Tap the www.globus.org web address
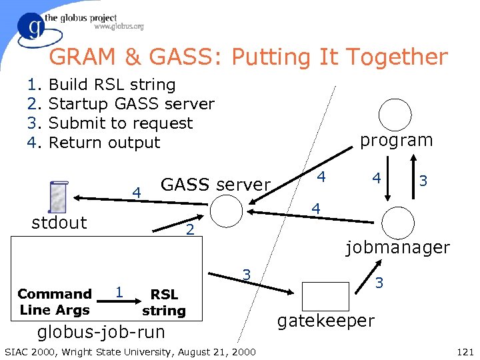click(119, 27)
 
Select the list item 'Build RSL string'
click(112, 85)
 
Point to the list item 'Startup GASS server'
click(131, 104)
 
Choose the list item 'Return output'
click(105, 143)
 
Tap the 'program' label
click(396, 140)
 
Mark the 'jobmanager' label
click(397, 247)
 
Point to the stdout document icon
click(59, 199)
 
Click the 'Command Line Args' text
click(55, 301)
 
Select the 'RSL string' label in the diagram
click(164, 302)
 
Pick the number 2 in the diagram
click(190, 230)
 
